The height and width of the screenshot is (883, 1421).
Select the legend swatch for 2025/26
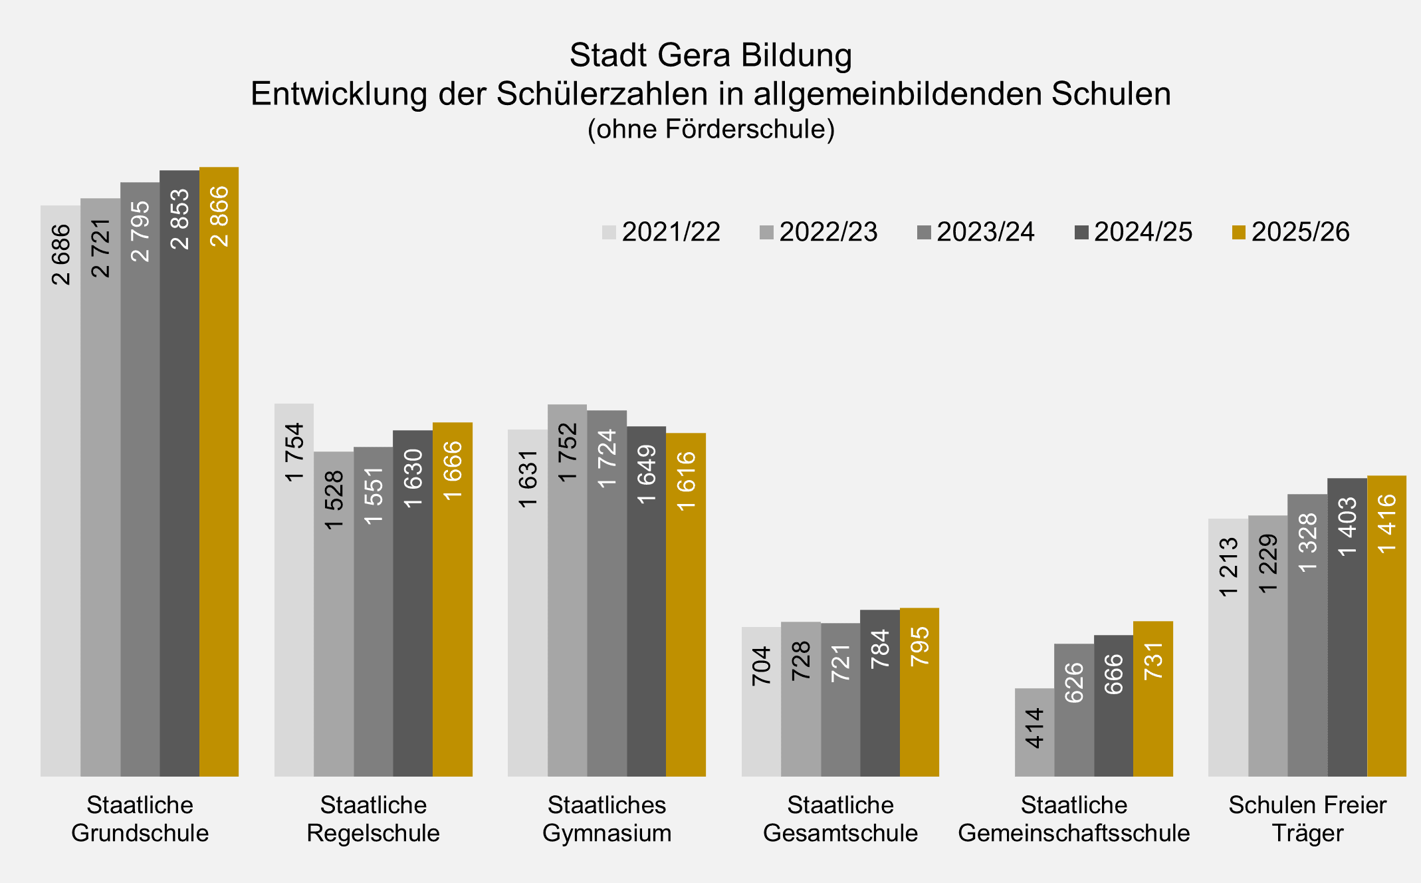point(1238,232)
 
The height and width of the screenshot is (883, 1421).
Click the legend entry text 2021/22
point(671,232)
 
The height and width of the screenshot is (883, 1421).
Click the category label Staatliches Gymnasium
point(607,819)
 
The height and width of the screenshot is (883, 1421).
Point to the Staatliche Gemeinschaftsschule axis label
point(1073,819)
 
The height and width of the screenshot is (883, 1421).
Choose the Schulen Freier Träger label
point(1307,819)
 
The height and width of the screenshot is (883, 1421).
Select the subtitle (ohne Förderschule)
point(710,129)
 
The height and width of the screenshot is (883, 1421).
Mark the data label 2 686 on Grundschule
point(60,255)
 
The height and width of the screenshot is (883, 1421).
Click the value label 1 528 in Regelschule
point(334,500)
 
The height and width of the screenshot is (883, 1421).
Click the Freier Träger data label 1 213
point(1228,567)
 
